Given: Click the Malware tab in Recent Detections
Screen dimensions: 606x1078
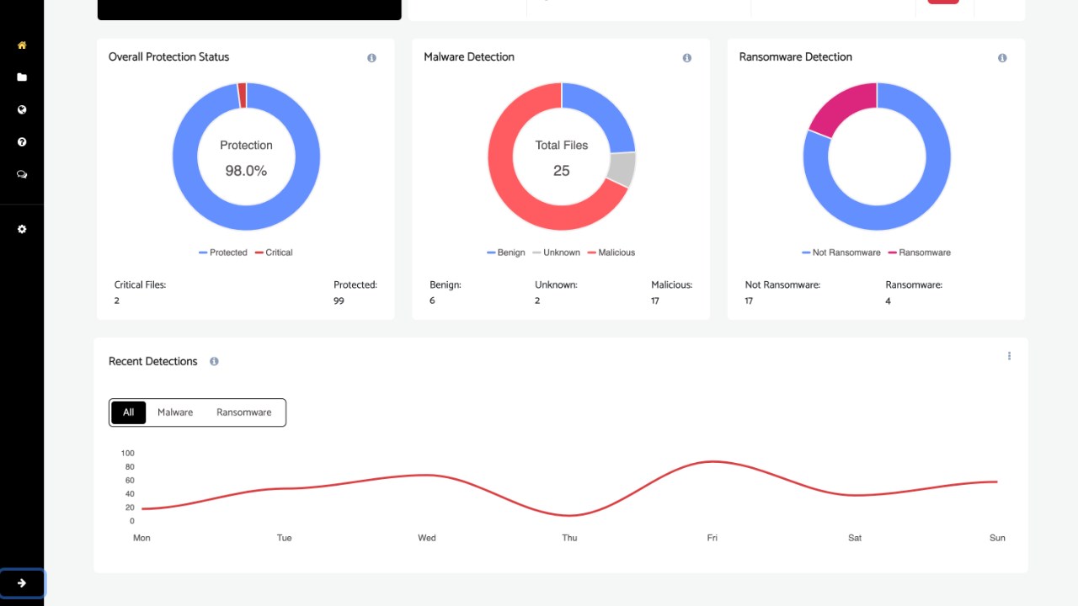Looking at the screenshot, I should [x=175, y=412].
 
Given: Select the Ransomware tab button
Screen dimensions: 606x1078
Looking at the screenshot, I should [x=243, y=412].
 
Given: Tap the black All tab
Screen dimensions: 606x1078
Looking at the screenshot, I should [x=128, y=412].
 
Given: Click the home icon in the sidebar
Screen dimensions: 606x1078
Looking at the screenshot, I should [x=22, y=45].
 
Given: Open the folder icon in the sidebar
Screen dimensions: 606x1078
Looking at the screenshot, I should [x=22, y=77].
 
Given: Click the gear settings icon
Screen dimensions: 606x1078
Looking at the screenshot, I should [x=22, y=229].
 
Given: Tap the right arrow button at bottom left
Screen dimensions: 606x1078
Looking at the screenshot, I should [x=22, y=583].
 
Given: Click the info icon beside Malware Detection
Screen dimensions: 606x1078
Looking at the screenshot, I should [x=686, y=58].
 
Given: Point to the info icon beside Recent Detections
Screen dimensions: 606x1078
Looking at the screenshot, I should [x=214, y=362].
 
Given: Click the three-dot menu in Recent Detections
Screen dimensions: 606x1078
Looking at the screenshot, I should [x=1009, y=356].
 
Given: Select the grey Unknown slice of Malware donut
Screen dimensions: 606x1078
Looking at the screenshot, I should [x=622, y=169].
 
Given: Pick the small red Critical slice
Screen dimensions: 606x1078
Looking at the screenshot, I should [x=242, y=95].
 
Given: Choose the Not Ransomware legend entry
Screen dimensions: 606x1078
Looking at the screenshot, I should [x=841, y=252].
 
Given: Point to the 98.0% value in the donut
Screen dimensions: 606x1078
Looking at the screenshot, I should [x=246, y=171].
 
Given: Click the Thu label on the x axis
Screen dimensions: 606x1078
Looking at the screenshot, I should [x=569, y=538].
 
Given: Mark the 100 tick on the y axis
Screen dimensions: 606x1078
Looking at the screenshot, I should [x=128, y=454].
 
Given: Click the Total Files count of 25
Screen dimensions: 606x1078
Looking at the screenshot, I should [x=562, y=171].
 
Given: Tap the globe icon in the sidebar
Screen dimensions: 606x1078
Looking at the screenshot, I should [x=22, y=109].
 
